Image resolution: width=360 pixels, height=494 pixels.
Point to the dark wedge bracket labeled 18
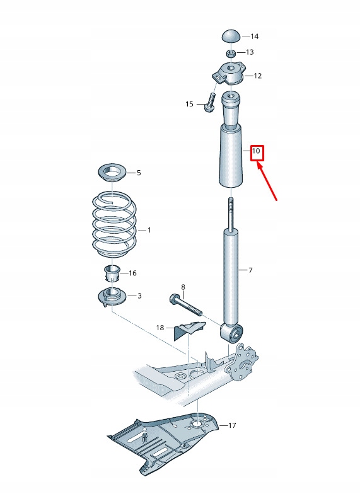[x=189, y=330]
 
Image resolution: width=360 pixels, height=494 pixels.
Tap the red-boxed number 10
[x=256, y=152]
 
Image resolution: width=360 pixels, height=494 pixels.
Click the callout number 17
[x=232, y=426]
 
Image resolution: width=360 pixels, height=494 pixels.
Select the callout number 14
[x=254, y=37]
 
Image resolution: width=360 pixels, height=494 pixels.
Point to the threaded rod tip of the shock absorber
[x=231, y=208]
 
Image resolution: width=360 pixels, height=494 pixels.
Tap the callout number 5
[x=139, y=172]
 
